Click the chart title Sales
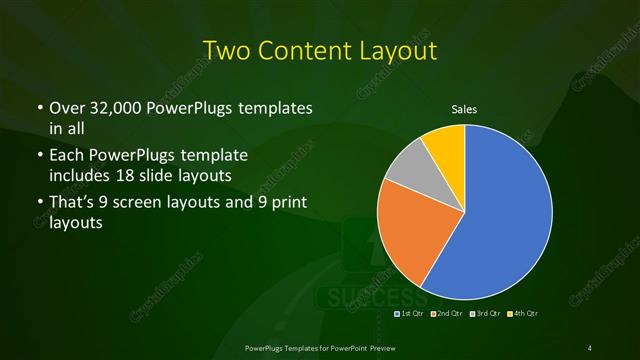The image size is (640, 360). pyautogui.click(x=465, y=109)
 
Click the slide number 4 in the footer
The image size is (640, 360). pyautogui.click(x=590, y=347)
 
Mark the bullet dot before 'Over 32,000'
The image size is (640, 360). pyautogui.click(x=39, y=108)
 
